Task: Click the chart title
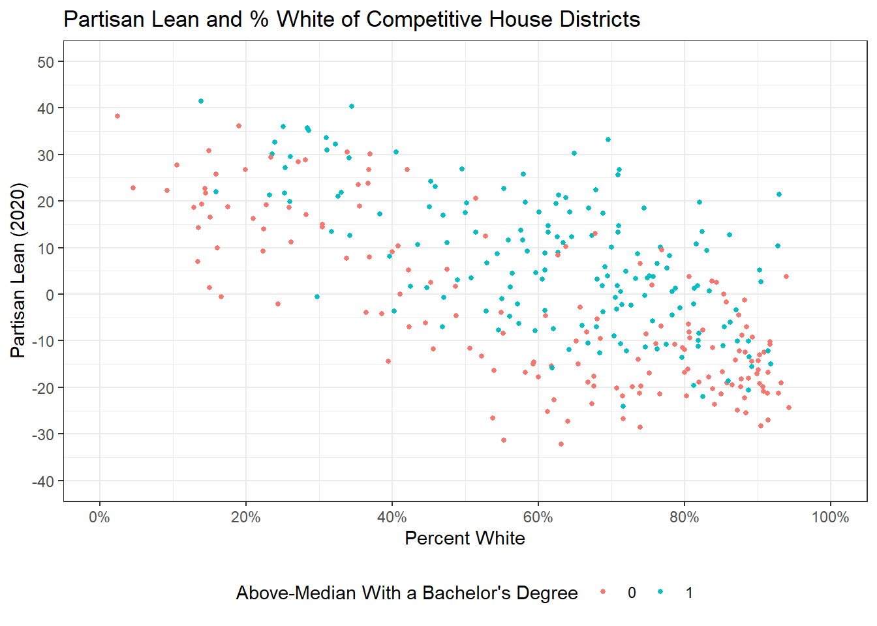[x=352, y=20]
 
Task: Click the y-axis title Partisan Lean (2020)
[x=18, y=271]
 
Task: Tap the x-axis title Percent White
[x=465, y=538]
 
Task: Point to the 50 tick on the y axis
[x=46, y=62]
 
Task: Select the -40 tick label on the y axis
[x=43, y=481]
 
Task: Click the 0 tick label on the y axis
[x=50, y=295]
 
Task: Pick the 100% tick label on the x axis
[x=830, y=518]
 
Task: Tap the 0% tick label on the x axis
[x=100, y=518]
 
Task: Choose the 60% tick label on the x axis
[x=538, y=518]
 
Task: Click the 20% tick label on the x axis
[x=246, y=518]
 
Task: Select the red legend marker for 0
[x=603, y=592]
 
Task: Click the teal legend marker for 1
[x=661, y=592]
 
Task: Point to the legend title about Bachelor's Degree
[x=407, y=593]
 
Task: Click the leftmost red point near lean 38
[x=117, y=116]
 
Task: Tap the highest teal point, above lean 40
[x=201, y=101]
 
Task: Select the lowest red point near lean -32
[x=561, y=444]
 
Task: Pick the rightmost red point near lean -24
[x=789, y=408]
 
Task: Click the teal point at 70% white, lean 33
[x=608, y=140]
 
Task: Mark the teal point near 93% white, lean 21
[x=779, y=194]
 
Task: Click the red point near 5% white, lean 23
[x=133, y=188]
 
